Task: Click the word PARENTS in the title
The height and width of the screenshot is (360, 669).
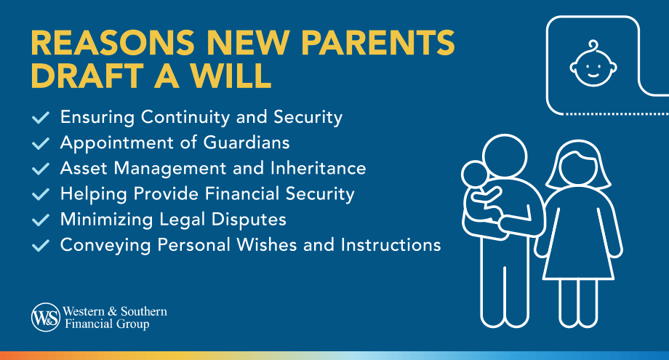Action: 377,42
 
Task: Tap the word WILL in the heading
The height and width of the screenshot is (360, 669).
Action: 231,76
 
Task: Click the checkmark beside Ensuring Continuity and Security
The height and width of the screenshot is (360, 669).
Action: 41,117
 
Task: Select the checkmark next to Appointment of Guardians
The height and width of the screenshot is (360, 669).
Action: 41,143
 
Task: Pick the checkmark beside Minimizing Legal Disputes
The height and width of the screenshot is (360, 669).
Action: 41,220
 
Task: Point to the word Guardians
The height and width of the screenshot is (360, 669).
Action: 247,143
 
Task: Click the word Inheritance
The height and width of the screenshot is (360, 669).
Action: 318,168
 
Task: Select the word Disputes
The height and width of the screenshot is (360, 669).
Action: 248,219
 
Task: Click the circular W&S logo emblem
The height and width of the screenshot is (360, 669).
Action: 46,317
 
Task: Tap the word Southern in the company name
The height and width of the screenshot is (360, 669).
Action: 144,311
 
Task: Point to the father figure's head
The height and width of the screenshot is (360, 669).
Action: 505,156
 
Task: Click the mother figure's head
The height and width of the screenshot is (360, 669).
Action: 579,164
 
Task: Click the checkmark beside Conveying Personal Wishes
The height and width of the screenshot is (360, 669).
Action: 41,245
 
